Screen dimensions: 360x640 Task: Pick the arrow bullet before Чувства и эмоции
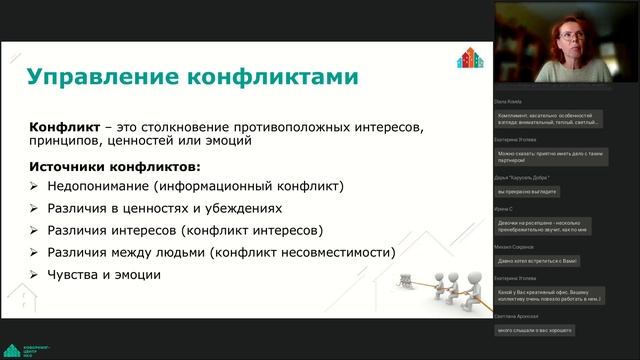coord(35,275)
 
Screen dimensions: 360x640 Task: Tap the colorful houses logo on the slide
coord(470,59)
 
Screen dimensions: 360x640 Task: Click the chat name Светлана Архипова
coord(518,316)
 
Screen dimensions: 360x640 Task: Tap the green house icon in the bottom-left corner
coord(12,350)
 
